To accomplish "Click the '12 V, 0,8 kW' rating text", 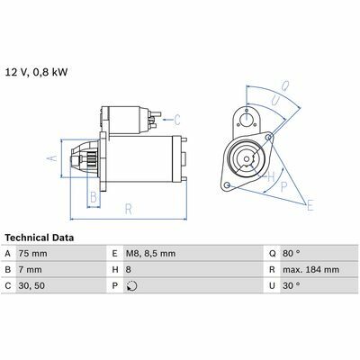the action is click(x=36, y=73).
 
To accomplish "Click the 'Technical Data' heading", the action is click(x=40, y=238).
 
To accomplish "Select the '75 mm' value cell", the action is click(x=32, y=254).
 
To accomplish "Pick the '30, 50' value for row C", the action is click(x=31, y=285).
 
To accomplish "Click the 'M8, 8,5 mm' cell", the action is click(x=150, y=254).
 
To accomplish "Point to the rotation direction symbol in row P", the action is click(x=131, y=286).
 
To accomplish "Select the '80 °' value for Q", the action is click(x=291, y=254).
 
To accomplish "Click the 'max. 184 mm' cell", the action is click(x=310, y=270).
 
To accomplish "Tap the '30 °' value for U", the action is click(x=291, y=285).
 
